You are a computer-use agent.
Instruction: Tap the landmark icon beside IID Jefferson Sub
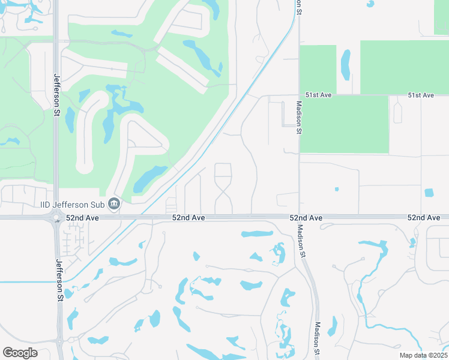115,204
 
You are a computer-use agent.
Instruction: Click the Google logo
20,353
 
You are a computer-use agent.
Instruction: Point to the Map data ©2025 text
423,355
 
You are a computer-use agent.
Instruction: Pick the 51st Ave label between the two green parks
318,95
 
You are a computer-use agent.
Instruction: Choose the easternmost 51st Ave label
420,95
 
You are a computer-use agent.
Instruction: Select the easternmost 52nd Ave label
424,217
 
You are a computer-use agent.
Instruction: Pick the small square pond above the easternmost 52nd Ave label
429,193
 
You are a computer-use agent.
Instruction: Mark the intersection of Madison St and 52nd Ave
299,217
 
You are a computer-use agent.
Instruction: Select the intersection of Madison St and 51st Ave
298,95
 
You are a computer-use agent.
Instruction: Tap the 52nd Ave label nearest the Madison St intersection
306,217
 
